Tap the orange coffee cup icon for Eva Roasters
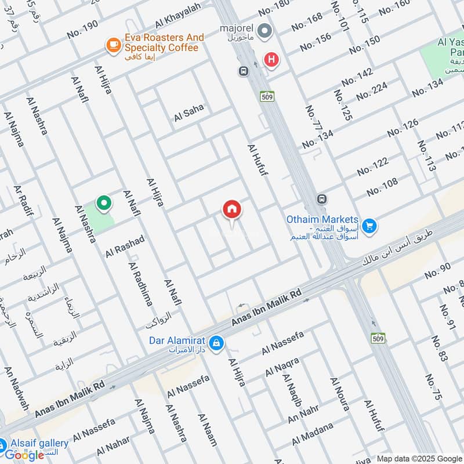pos(113,44)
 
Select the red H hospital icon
pos(270,59)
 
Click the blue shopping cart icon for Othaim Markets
pos(369,225)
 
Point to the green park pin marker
pos(104,204)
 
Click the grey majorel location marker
pos(264,30)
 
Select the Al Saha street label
pos(189,114)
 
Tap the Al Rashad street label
pos(125,246)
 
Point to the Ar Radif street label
pos(23,200)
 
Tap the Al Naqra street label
pos(282,367)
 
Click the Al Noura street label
pos(340,394)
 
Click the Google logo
pos(24,455)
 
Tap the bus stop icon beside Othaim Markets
pos(322,200)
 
